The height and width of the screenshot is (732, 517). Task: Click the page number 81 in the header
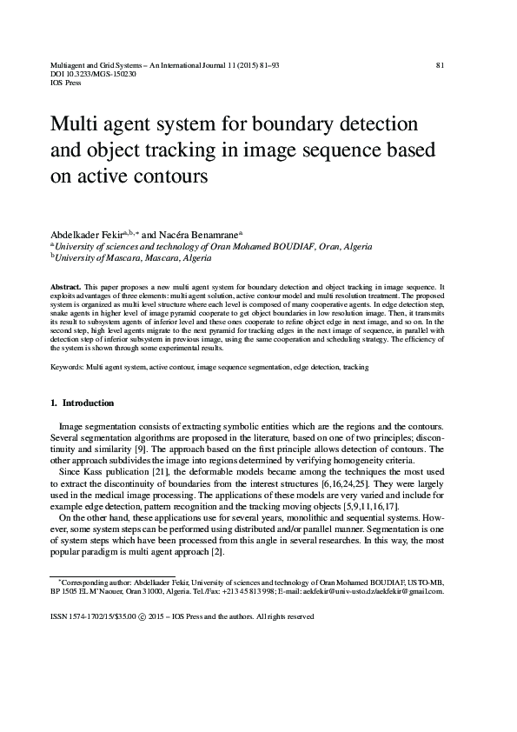(x=440, y=65)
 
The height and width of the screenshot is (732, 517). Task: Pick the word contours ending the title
(x=168, y=177)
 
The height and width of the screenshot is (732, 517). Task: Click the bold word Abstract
(x=65, y=286)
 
